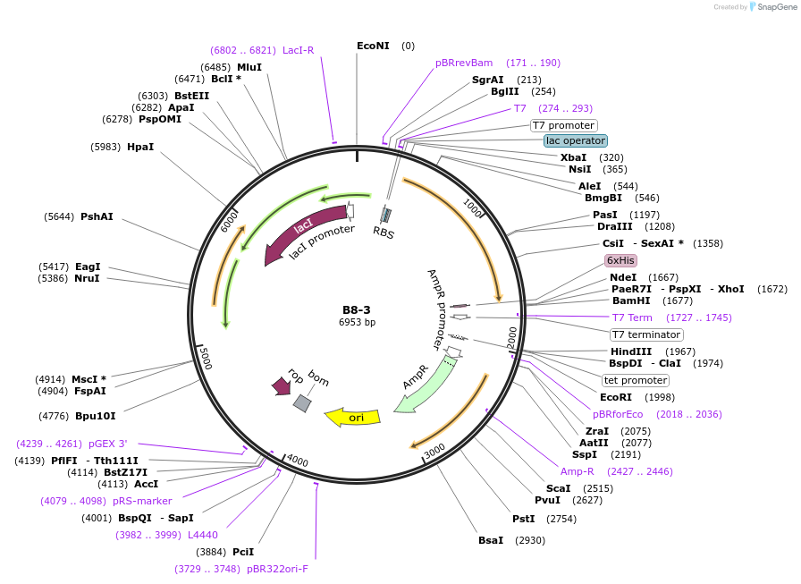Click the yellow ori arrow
coord(353,417)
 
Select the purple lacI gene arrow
coord(304,232)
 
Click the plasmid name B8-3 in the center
coord(356,309)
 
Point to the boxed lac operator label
coord(576,140)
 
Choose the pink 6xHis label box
coord(620,260)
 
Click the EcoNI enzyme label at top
coord(373,46)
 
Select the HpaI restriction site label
coord(140,147)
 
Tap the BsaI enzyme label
coord(491,540)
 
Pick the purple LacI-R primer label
coord(299,50)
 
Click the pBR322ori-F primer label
coord(277,568)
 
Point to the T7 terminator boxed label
coord(646,334)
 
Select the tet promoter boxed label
coord(636,380)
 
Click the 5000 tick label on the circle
coord(205,357)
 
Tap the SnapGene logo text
coord(773,7)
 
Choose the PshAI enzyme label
coord(97,216)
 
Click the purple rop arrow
coord(280,385)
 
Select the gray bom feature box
coord(302,403)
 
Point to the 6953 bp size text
coord(356,322)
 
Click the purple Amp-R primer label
coord(577,471)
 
